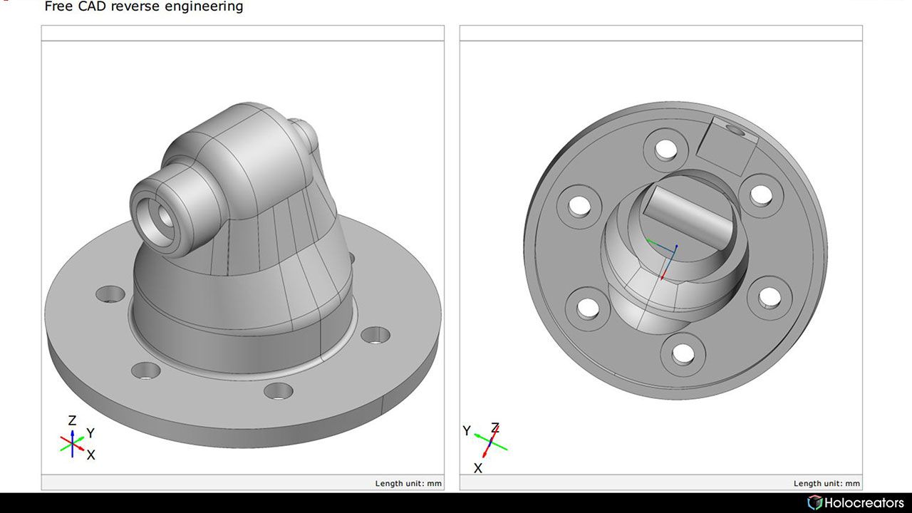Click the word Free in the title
click(x=58, y=7)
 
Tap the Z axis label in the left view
click(x=72, y=421)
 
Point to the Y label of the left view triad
click(x=90, y=432)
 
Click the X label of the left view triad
click(x=90, y=455)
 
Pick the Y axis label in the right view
click(x=467, y=430)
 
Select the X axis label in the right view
click(x=478, y=468)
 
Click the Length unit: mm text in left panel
click(x=408, y=483)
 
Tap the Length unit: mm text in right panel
click(x=826, y=483)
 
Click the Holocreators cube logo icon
click(x=814, y=503)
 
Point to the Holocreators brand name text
click(x=864, y=503)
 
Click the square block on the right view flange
click(x=722, y=146)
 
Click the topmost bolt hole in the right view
click(x=666, y=149)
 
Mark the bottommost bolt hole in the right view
click(x=683, y=352)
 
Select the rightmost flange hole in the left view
click(x=375, y=333)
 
